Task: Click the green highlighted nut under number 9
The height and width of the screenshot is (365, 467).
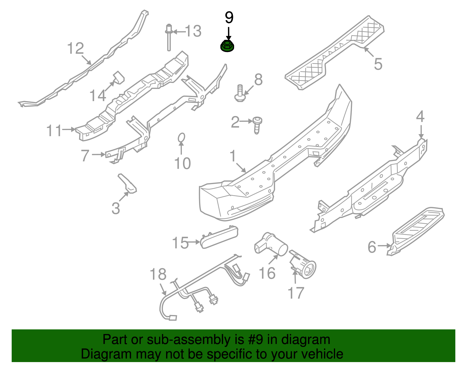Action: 227,47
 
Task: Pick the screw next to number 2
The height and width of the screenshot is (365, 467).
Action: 257,124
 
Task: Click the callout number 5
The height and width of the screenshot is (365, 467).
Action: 378,64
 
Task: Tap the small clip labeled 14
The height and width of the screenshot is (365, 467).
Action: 119,77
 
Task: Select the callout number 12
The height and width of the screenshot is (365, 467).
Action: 75,49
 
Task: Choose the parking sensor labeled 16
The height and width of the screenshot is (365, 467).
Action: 271,245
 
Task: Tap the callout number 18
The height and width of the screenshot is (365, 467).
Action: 158,274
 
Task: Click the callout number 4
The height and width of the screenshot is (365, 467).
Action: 420,117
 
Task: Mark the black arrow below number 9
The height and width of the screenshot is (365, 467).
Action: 229,34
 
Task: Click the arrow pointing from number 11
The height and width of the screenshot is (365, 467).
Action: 69,129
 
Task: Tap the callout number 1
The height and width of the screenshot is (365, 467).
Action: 233,156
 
